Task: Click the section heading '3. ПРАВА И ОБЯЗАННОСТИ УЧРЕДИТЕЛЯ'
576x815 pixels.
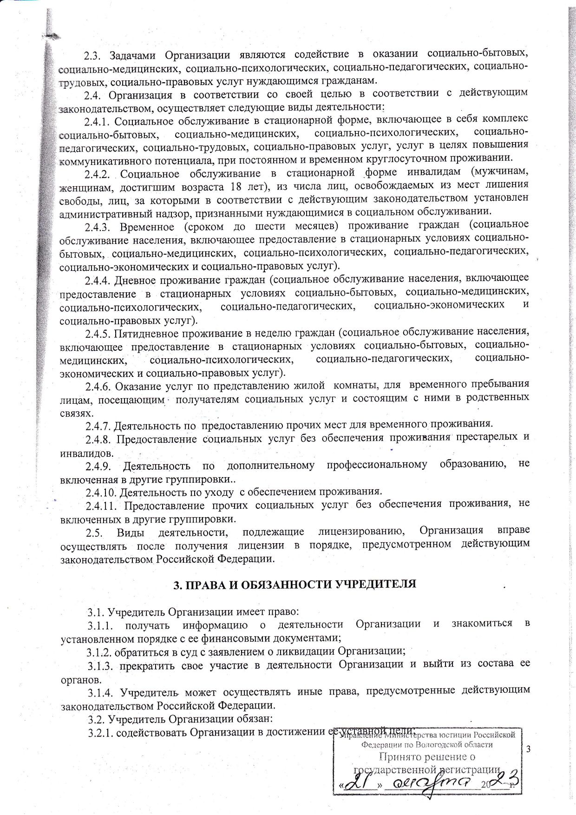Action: click(295, 585)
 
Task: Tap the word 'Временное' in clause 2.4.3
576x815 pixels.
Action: click(147, 227)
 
